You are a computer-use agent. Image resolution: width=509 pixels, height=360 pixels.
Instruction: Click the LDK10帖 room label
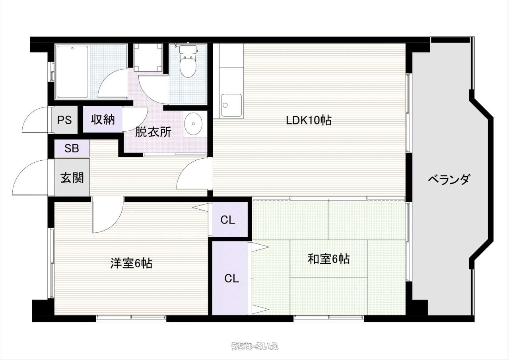[x=309, y=120]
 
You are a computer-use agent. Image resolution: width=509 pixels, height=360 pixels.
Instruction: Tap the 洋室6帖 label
[x=131, y=263]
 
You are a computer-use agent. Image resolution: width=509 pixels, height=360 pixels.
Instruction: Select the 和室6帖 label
[x=328, y=259]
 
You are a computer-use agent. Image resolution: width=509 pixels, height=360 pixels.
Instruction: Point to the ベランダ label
[x=449, y=179]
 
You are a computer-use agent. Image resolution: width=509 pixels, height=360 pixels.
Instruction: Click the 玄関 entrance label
[x=72, y=178]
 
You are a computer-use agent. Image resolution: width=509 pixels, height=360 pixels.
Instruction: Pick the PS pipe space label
[x=64, y=120]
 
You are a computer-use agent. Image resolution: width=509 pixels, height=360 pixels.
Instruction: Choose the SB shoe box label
[x=72, y=148]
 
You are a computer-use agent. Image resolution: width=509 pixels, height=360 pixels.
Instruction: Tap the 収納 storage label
[x=103, y=119]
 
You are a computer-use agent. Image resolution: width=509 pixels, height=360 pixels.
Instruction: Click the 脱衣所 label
[x=153, y=132]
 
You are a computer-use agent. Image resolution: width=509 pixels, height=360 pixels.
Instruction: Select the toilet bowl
[x=188, y=61]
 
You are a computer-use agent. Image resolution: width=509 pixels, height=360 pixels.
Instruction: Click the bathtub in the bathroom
[x=72, y=72]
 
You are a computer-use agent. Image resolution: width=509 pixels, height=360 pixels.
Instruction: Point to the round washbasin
[x=193, y=124]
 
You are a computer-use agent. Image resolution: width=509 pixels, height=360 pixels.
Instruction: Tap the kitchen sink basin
[x=231, y=105]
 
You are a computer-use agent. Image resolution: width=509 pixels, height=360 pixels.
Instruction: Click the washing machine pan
[x=148, y=58]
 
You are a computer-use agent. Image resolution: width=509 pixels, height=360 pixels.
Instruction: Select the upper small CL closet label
[x=228, y=220]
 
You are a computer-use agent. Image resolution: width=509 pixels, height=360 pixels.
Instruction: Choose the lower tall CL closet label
[x=231, y=278]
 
